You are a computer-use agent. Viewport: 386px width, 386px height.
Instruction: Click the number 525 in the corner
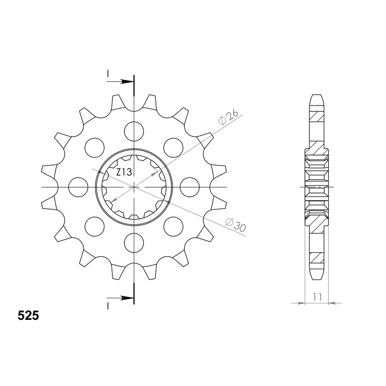28,316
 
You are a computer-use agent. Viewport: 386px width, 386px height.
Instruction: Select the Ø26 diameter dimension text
228,117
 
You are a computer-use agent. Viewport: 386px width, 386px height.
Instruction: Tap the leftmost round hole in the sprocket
79,187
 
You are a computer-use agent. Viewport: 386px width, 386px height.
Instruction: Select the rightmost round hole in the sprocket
190,187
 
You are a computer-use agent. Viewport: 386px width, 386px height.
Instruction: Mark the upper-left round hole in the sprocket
95,147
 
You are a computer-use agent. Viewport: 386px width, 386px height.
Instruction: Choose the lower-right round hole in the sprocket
174,226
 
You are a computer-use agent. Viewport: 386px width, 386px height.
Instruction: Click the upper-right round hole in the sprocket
174,147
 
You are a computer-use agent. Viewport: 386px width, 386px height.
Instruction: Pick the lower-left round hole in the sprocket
95,226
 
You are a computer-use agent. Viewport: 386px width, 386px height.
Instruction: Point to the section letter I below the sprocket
108,306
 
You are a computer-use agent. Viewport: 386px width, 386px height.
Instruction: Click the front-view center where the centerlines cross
134,187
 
